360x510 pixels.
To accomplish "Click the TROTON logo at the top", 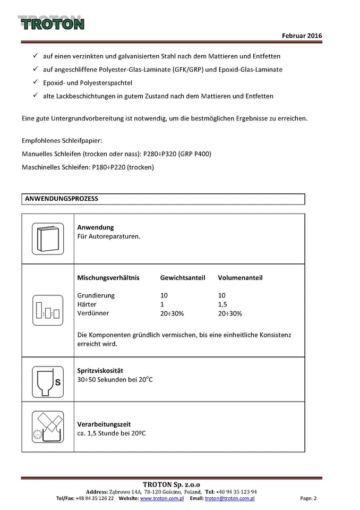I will (x=52, y=23).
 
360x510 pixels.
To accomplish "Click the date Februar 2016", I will (x=302, y=36).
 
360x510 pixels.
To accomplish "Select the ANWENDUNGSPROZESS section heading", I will (x=62, y=199).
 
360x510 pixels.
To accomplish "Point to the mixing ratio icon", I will (x=48, y=310).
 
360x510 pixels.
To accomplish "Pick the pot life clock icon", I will (x=48, y=427).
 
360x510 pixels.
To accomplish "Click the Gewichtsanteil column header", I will (x=183, y=278).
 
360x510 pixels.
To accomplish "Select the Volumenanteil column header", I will (x=240, y=278).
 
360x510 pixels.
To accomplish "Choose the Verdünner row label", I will (x=93, y=313).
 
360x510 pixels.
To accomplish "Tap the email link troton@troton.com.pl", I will (x=229, y=498).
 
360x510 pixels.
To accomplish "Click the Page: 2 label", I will (x=308, y=498).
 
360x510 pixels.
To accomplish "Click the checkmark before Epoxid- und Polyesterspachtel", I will (x=35, y=82).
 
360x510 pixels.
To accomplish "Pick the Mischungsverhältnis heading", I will (x=108, y=278).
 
